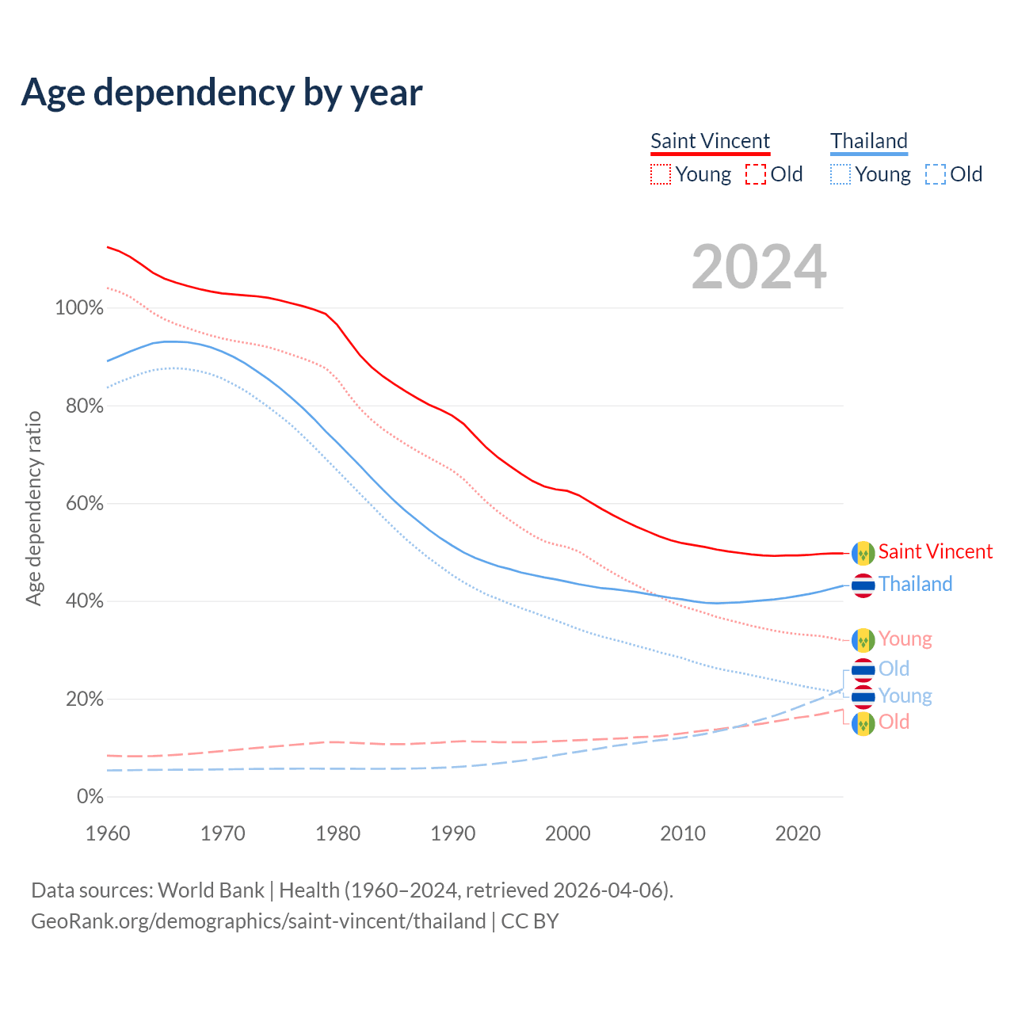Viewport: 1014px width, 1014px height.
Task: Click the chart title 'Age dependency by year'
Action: (x=222, y=93)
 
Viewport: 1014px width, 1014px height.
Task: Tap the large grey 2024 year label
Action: (x=759, y=267)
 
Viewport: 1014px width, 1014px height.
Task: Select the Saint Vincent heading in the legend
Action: (x=710, y=141)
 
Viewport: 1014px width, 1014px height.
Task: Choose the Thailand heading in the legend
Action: (x=869, y=141)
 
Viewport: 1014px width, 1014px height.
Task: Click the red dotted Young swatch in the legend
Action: (x=661, y=174)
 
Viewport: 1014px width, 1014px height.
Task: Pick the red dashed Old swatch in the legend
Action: (x=756, y=174)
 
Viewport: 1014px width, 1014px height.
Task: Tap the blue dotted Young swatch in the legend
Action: (x=841, y=174)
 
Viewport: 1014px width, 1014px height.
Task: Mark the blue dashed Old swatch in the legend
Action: (x=936, y=174)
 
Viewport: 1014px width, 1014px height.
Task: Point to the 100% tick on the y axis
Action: (x=79, y=308)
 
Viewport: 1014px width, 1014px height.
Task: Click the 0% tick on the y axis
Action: (x=90, y=797)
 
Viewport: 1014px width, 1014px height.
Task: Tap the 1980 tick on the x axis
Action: (x=338, y=833)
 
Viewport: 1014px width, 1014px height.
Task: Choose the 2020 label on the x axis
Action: (x=798, y=833)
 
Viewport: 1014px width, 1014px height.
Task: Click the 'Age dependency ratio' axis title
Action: (x=33, y=508)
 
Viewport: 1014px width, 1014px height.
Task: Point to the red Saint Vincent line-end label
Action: (x=935, y=551)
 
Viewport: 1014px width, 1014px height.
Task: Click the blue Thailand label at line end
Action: (x=915, y=584)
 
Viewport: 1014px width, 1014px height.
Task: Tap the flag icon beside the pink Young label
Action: (x=863, y=639)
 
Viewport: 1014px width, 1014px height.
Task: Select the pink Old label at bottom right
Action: (x=894, y=722)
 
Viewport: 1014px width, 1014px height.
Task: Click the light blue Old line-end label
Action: (x=894, y=669)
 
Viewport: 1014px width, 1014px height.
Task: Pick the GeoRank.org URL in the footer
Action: (x=258, y=921)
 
